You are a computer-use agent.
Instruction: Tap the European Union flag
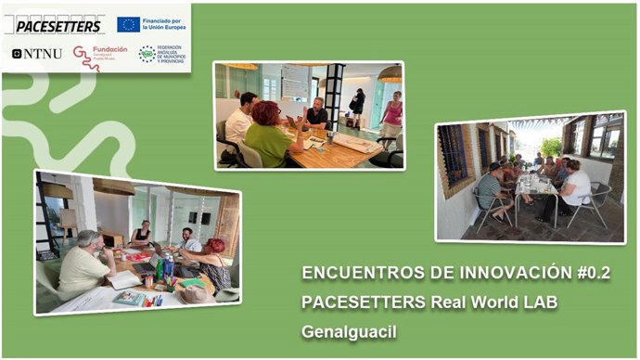click(129, 23)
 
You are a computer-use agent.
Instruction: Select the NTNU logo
click(37, 54)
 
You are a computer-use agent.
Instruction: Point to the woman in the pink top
click(391, 117)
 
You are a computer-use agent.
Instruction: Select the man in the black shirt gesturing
click(316, 115)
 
